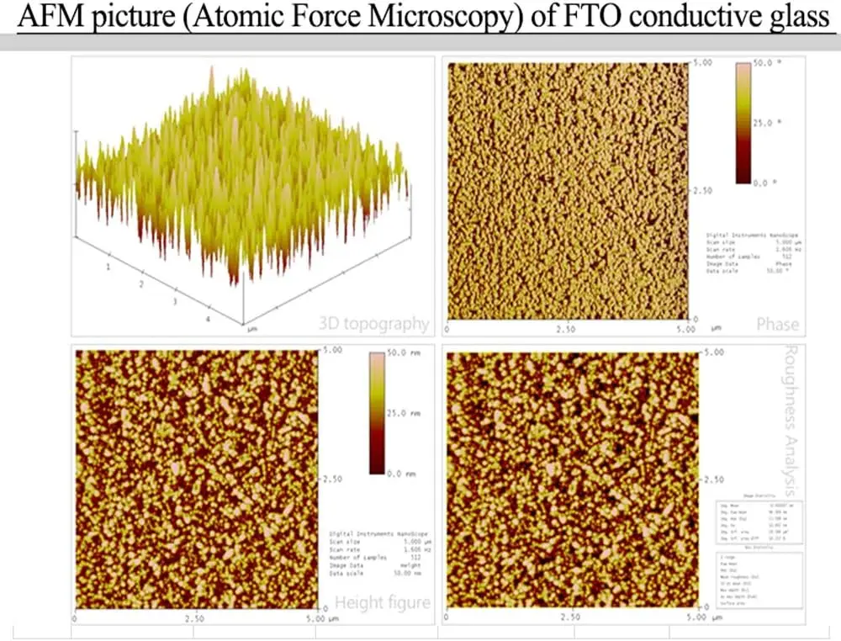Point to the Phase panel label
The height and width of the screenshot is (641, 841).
point(777,324)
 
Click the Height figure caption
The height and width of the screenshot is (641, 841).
point(383,601)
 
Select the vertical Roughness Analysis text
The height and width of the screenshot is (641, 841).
point(791,418)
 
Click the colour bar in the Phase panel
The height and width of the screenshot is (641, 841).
point(744,123)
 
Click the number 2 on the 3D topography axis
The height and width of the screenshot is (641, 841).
point(140,285)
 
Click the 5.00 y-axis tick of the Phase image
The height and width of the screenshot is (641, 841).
point(702,63)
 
